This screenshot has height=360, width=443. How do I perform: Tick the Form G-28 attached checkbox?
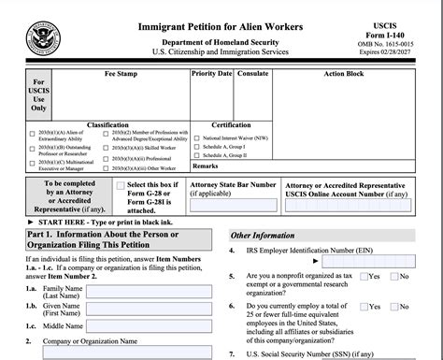[121, 185]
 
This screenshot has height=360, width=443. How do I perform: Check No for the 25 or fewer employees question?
[393, 306]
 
